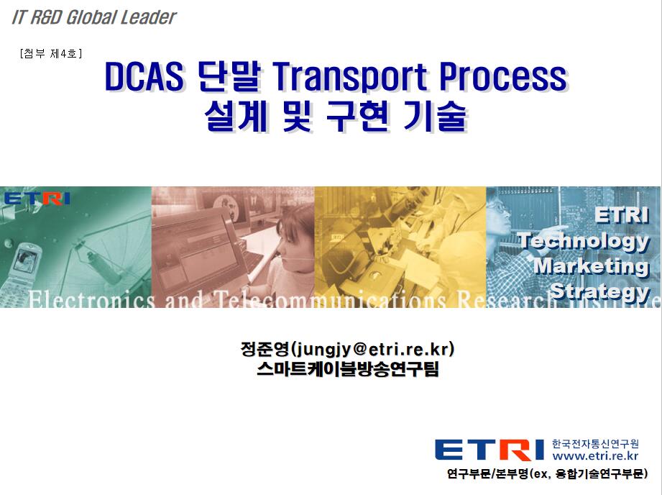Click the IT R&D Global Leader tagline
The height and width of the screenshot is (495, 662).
click(x=93, y=17)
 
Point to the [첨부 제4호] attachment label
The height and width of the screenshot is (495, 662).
click(x=50, y=53)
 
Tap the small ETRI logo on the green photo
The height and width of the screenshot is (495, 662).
click(x=37, y=199)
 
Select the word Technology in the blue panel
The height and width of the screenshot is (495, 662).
click(x=584, y=240)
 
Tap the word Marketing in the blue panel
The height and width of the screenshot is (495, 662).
click(x=591, y=266)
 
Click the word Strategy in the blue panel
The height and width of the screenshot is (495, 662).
click(x=600, y=291)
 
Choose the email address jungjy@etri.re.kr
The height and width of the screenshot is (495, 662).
click(x=372, y=350)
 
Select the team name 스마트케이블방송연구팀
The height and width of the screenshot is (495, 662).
click(x=348, y=369)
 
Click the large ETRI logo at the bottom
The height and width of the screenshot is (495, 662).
click(x=489, y=450)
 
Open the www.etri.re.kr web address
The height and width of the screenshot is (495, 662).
click(x=595, y=455)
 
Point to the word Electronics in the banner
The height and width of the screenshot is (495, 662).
click(x=92, y=300)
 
